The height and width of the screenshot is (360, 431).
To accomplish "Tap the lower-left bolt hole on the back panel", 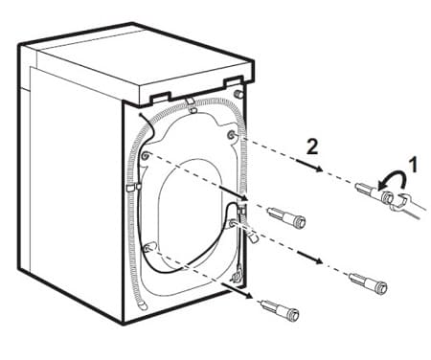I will coord(147,248).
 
